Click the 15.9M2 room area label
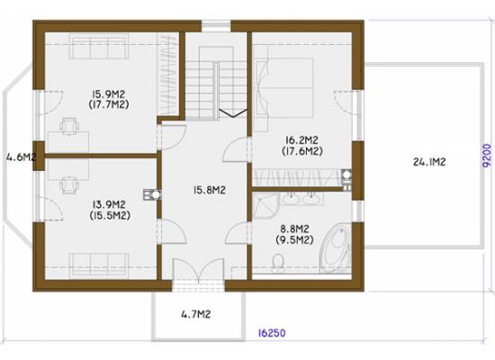coord(109,94)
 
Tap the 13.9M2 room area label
coord(109,204)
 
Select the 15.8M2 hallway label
coord(210,190)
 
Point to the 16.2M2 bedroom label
coord(301,139)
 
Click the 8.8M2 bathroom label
coord(294,229)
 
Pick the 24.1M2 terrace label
coord(429,162)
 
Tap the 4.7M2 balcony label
coord(195,314)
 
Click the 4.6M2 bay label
coord(21,157)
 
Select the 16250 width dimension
coord(272,333)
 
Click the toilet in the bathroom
coord(278,262)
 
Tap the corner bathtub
coord(336,247)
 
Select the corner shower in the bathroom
coord(266,206)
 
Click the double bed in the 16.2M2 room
coord(284,87)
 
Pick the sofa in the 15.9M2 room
coord(99,47)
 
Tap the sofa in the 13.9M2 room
coord(99,265)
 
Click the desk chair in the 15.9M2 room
coord(69,126)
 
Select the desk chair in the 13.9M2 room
coord(69,184)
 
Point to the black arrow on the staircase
coord(233,112)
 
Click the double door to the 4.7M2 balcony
coord(199,270)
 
